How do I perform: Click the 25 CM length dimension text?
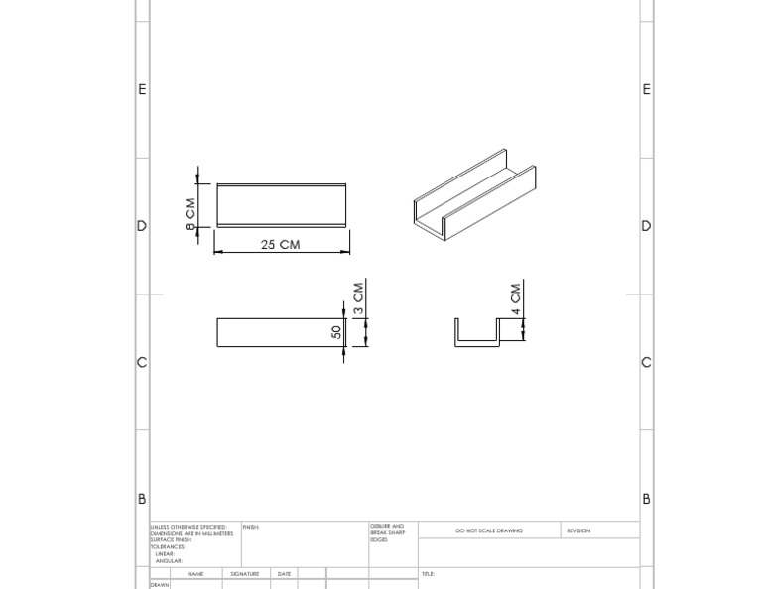coord(280,244)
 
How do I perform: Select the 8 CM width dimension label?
coord(190,214)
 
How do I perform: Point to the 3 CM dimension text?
coord(359,296)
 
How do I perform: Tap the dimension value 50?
coord(336,332)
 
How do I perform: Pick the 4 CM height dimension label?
coord(516,299)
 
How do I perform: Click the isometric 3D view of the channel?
coord(474,195)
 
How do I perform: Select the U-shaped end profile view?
coord(475,333)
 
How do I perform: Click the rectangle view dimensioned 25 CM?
coord(282,205)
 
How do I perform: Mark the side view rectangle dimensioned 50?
coord(280,332)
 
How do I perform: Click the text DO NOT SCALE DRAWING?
coord(488,530)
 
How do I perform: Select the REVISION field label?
coord(578,530)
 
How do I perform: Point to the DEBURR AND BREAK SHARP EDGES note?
coord(386,532)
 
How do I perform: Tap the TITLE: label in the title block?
coord(428,574)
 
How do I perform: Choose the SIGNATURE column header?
coord(244,574)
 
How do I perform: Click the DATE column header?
coord(284,574)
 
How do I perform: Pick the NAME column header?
coord(195,574)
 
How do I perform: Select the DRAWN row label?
coord(160,585)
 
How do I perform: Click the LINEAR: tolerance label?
coord(165,554)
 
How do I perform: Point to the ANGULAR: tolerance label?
coord(168,561)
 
